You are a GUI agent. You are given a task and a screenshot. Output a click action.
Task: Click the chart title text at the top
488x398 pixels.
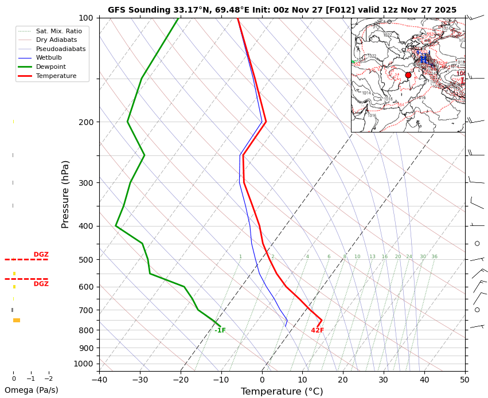click(282, 10)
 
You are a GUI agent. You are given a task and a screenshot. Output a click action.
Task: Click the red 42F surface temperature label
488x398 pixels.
click(318, 330)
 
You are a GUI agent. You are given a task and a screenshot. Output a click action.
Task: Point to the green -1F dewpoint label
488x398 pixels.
click(220, 330)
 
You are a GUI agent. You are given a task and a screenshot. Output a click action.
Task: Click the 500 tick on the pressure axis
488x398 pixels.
click(85, 260)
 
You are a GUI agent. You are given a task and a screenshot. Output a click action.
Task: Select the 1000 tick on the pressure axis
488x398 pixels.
click(84, 364)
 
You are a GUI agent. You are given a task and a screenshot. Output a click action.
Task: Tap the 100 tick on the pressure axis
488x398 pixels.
click(85, 18)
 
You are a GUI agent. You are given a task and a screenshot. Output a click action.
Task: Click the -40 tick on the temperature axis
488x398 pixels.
click(99, 379)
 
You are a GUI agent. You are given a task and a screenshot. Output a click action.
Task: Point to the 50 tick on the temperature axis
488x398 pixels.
click(465, 379)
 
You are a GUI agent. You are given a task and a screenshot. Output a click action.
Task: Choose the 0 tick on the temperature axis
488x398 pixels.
click(262, 379)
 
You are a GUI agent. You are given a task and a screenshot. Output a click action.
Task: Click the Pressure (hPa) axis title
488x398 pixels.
click(65, 194)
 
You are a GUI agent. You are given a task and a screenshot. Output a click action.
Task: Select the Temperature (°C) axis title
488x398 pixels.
click(282, 392)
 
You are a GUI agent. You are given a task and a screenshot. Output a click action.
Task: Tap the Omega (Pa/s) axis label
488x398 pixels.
click(31, 391)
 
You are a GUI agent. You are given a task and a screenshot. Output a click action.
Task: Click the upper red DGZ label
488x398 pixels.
click(41, 255)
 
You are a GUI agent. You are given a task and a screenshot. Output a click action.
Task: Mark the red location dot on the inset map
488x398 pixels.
click(408, 75)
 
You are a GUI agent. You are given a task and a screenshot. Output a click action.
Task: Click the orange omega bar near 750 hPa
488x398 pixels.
click(17, 320)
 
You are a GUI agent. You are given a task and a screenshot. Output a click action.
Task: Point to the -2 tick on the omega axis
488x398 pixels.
click(49, 379)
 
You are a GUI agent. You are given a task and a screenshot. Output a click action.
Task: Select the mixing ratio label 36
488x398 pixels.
click(434, 257)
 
